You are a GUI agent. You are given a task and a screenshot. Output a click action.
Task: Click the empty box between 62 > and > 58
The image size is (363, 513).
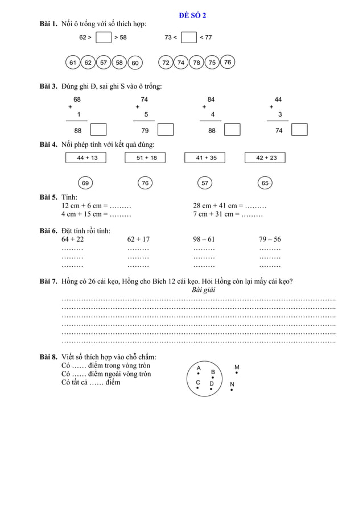(103, 38)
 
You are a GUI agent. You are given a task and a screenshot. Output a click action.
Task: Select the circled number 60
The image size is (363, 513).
(135, 63)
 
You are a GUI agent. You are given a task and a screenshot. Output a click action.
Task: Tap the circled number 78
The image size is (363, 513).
(196, 63)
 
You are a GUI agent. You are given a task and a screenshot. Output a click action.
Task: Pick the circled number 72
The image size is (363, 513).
(166, 63)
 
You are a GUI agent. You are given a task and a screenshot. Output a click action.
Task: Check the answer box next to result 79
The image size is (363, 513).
(165, 130)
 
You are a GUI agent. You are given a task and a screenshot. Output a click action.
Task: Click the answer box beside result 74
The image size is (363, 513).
(299, 130)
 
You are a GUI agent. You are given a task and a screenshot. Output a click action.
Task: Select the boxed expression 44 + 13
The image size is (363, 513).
(87, 158)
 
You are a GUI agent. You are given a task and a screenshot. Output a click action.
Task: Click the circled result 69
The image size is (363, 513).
(85, 183)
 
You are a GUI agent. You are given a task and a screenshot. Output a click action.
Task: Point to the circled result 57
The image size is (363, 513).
(205, 183)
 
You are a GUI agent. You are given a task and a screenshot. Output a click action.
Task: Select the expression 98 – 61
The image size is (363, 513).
(204, 239)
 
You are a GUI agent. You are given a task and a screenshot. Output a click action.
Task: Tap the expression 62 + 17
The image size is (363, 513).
(138, 239)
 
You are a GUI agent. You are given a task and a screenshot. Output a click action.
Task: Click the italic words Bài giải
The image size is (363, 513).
(203, 289)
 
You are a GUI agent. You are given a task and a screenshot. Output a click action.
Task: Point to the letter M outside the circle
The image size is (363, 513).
(237, 367)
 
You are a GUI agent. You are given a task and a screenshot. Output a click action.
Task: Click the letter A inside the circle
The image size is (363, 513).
(199, 368)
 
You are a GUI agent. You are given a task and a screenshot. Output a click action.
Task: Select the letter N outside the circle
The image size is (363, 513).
(232, 384)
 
